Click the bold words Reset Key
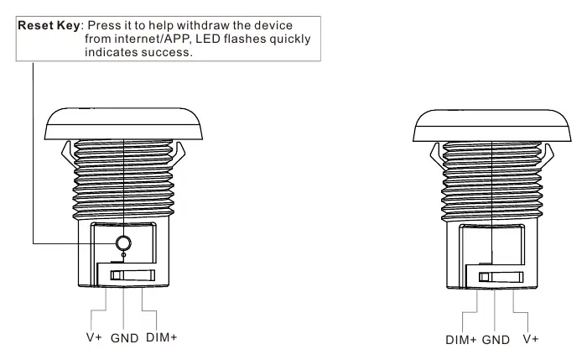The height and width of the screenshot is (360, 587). point(49,25)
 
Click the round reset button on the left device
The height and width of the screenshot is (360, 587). point(123,243)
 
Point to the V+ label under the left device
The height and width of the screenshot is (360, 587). point(94,337)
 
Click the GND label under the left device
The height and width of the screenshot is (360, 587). point(125,338)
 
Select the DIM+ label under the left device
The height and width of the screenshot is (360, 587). point(161,337)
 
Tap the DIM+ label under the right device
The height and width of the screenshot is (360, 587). point(461,340)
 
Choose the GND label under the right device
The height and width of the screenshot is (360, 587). point(496,340)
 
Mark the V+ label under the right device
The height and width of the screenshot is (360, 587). point(531,339)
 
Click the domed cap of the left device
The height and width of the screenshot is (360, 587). point(123,124)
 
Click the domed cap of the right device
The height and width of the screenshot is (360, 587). point(492,126)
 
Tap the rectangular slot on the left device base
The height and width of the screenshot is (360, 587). point(132,275)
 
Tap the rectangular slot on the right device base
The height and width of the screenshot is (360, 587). point(501,277)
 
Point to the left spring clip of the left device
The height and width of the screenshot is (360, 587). point(68,154)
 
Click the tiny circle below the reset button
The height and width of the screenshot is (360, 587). point(124,255)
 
